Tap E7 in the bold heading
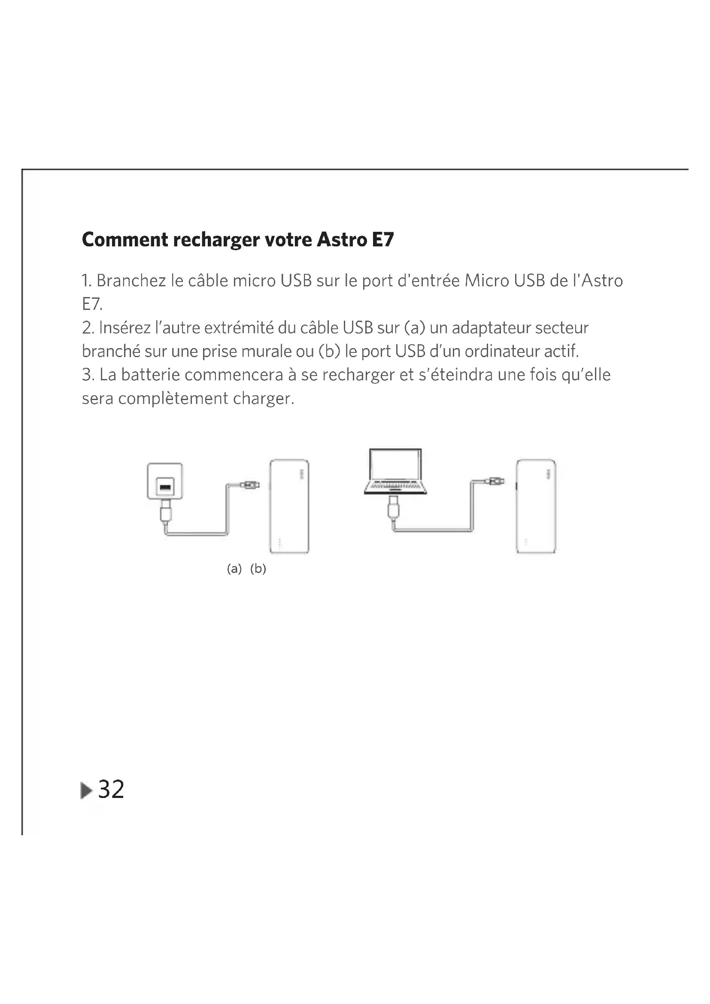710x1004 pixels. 383,240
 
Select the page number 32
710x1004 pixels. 111,789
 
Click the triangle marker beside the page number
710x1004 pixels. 87,790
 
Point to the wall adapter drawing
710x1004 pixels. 165,481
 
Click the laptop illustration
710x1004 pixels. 395,471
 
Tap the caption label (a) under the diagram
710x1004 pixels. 234,568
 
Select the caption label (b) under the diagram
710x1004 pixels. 258,568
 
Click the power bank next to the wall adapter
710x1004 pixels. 289,506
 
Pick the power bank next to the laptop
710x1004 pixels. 536,506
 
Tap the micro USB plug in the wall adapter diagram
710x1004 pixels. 250,485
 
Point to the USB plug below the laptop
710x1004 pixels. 394,507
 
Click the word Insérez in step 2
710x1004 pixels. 124,328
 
